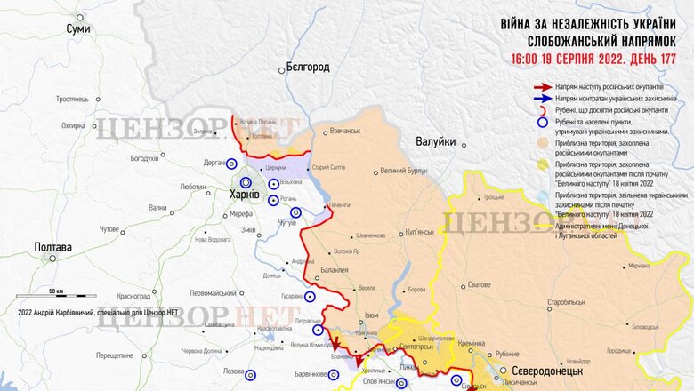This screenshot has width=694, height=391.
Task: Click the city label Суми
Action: tap(78, 29)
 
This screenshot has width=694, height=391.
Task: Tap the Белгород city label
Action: tap(308, 67)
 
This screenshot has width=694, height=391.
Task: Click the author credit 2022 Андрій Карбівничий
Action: tap(98, 313)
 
